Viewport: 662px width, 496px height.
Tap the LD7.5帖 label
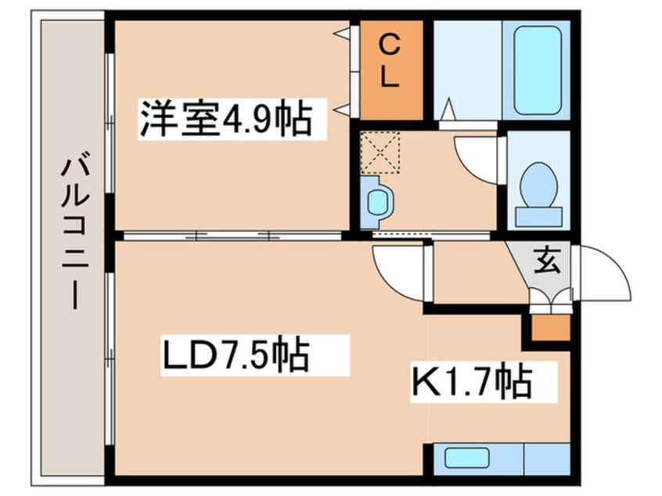pos(236,356)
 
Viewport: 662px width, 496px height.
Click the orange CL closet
pos(390,70)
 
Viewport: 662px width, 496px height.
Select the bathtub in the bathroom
pos(538,70)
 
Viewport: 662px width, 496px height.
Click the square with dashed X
pos(380,152)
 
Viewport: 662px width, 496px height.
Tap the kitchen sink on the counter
pos(462,457)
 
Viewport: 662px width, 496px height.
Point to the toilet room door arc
pos(477,156)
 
